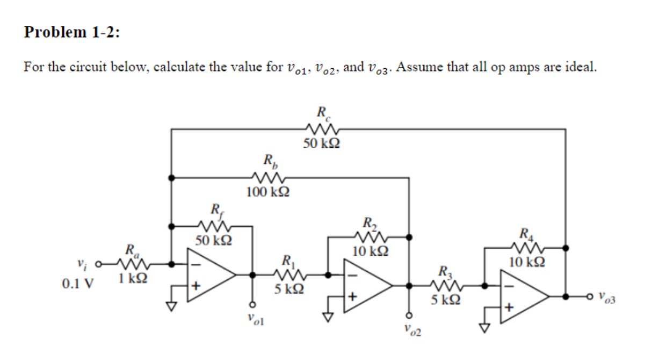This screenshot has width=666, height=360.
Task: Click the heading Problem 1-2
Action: tap(72, 32)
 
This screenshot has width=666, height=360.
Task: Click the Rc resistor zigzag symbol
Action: tap(321, 129)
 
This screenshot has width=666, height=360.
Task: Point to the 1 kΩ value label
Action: tap(131, 279)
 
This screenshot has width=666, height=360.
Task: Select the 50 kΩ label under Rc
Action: tap(321, 144)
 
